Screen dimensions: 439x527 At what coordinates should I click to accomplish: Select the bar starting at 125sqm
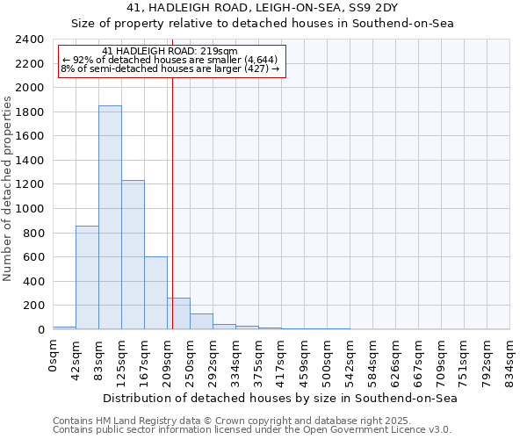pos(133,255)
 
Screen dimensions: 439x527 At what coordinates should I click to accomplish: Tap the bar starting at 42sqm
pos(87,277)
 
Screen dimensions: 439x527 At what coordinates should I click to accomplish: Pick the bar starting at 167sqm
pos(155,293)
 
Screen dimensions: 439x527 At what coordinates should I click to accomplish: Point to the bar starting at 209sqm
pos(178,313)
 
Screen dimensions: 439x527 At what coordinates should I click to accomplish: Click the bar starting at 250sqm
pos(201,321)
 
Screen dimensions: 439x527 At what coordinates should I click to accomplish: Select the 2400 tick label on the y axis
pos(30,40)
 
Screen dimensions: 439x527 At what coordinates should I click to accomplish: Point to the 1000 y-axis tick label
pos(30,209)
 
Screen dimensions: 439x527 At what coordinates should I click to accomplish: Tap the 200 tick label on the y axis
pos(33,306)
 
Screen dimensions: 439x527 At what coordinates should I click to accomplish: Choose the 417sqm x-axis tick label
pos(282,357)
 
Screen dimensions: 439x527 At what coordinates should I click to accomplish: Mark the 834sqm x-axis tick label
pos(510,357)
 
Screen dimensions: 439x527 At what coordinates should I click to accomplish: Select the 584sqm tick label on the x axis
pos(373,357)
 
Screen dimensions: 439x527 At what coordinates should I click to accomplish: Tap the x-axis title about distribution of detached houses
pos(280,398)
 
